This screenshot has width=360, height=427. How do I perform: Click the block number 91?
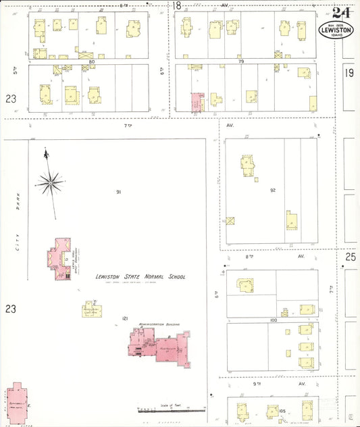point(118,192)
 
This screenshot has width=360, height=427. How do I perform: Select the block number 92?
point(273,191)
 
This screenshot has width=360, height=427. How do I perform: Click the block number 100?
point(273,320)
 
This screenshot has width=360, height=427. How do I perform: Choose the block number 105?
point(282,410)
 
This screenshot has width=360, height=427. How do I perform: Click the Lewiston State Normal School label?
point(140,276)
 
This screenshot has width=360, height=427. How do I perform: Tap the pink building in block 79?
point(197,103)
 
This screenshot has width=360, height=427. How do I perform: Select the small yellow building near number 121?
point(91,309)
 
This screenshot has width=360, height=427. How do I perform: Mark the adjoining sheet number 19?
point(349,73)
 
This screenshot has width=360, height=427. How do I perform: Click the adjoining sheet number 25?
point(350,257)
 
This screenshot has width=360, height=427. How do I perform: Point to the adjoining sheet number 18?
point(177,6)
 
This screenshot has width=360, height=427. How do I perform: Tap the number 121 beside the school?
point(125,318)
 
